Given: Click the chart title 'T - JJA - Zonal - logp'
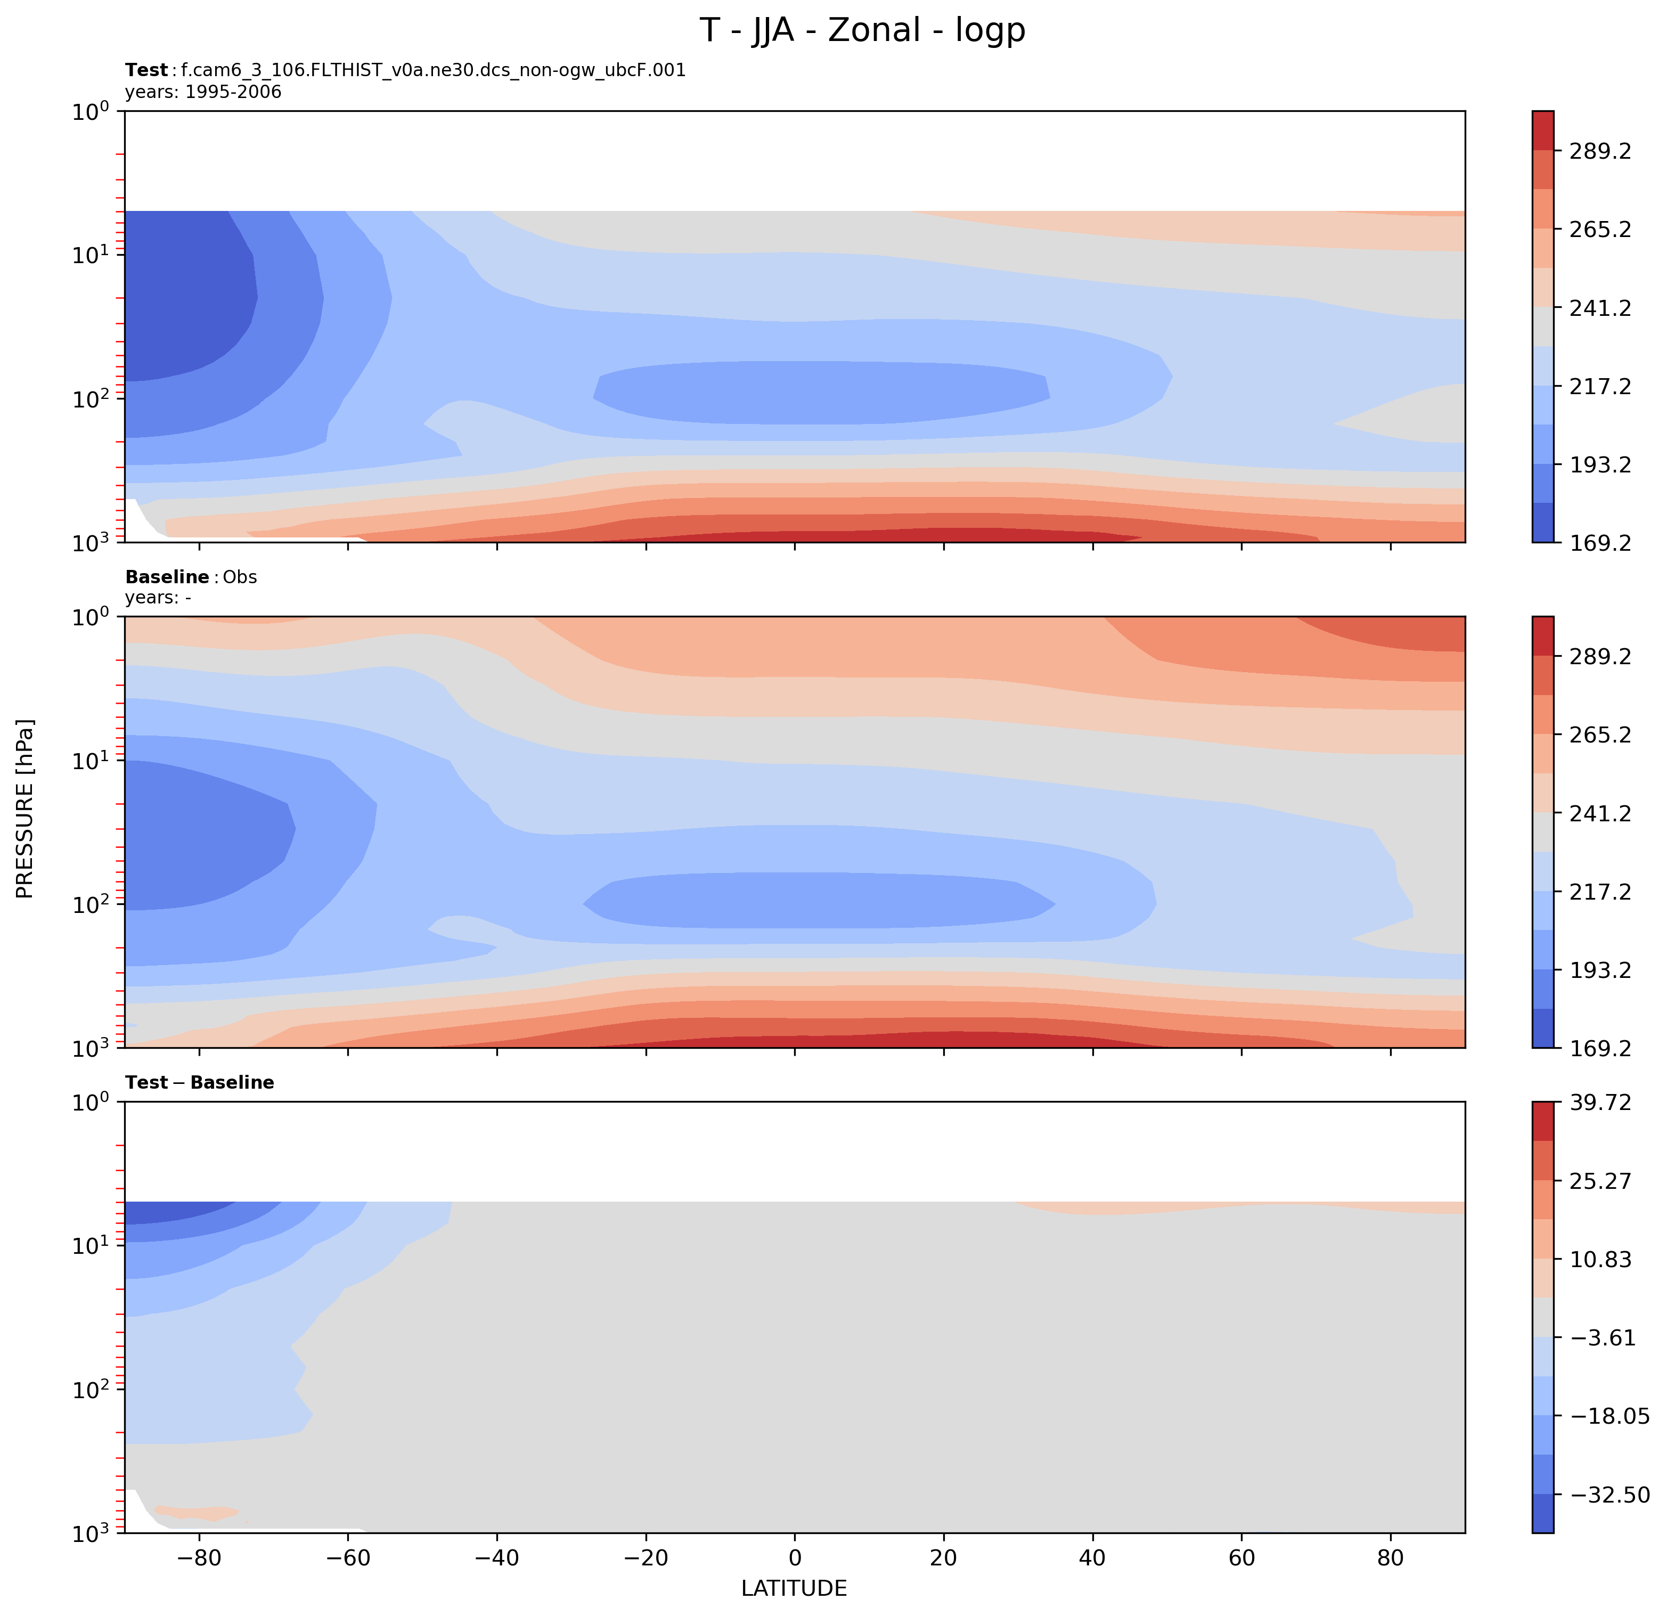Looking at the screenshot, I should click(x=862, y=30).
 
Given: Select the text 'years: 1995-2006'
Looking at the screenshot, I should click(x=203, y=92).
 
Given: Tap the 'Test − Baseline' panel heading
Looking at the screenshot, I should click(x=199, y=1083).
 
